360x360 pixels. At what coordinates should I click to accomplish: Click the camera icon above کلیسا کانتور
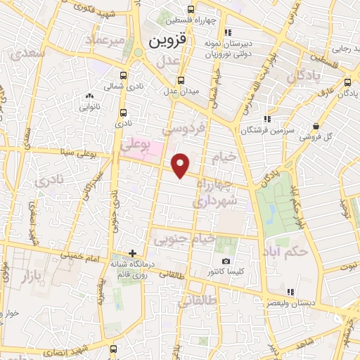[x=226, y=261]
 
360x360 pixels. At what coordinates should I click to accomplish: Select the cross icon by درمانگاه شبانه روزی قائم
[x=132, y=252]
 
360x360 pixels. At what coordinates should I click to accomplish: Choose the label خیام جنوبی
[x=185, y=240]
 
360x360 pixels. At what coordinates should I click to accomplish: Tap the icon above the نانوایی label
[x=89, y=96]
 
